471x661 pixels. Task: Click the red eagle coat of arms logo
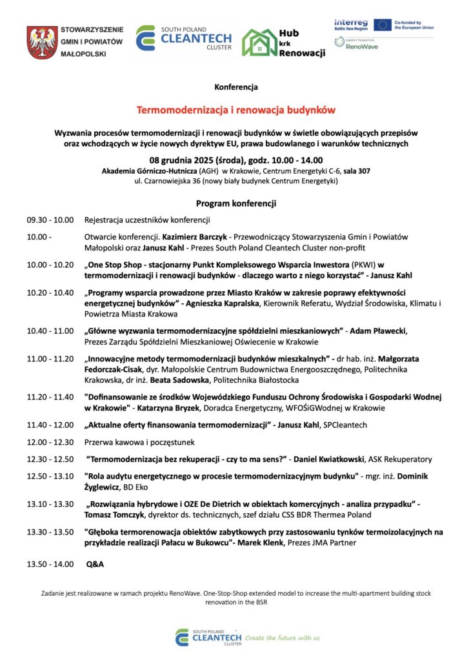(42, 43)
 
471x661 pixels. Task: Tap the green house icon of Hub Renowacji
(259, 43)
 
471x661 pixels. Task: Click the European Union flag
(383, 25)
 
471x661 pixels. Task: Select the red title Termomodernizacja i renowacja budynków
(235, 110)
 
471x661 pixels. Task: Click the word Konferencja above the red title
(236, 86)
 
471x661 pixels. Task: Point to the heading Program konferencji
(236, 203)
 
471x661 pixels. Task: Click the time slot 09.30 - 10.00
(50, 220)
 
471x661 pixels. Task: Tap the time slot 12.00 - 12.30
(50, 442)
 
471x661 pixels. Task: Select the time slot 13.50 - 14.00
(50, 564)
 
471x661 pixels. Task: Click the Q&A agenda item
(95, 564)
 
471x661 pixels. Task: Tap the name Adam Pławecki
(379, 330)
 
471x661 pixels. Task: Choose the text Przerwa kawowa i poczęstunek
(139, 442)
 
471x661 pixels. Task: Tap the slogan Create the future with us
(283, 638)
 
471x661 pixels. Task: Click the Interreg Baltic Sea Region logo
(352, 25)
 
